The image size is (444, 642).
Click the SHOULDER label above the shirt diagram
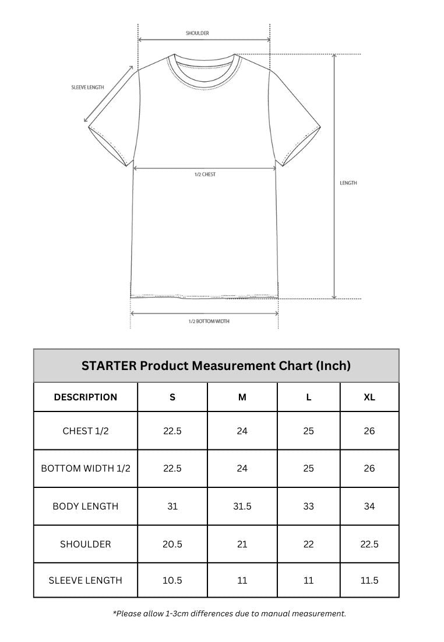(198, 33)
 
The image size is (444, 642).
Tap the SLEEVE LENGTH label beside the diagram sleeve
(87, 88)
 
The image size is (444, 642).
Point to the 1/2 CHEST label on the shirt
(205, 175)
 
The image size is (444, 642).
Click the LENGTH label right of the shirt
(348, 183)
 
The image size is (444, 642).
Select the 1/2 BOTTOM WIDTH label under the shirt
(209, 322)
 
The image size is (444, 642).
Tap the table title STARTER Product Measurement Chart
(216, 366)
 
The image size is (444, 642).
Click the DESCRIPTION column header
(86, 397)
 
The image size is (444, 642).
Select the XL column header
(369, 397)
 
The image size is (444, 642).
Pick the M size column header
(242, 397)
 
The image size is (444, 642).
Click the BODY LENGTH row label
(86, 507)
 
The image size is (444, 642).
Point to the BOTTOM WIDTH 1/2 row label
(86, 469)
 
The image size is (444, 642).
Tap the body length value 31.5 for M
(242, 507)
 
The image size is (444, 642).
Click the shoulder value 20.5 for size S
(172, 544)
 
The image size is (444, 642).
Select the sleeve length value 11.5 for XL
(369, 581)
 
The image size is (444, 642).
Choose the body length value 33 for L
(309, 507)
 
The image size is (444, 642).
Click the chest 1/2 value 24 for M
(242, 431)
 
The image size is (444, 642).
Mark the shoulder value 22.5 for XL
(369, 544)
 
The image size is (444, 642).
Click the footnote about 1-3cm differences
(230, 613)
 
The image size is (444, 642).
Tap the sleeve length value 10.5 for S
(172, 581)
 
